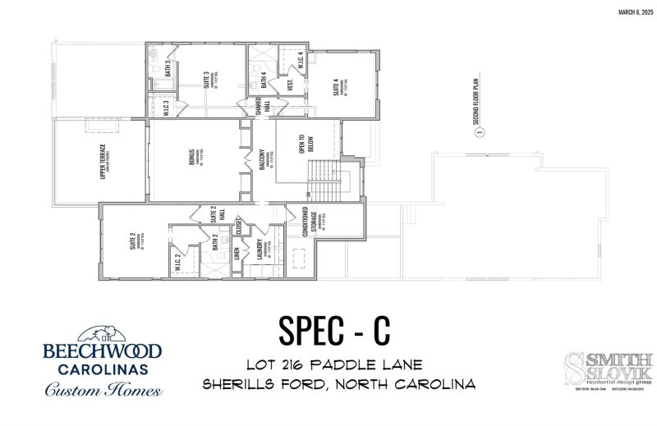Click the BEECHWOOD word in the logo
pos(103,351)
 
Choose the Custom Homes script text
pos(103,389)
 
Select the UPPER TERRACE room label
pos(102,160)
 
